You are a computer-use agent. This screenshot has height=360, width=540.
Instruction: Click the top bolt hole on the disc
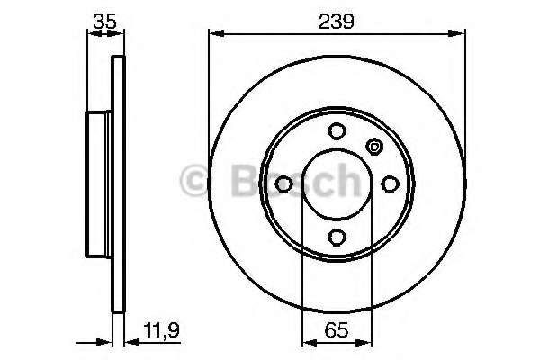click(x=337, y=130)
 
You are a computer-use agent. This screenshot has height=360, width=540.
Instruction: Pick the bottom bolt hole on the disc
click(x=337, y=237)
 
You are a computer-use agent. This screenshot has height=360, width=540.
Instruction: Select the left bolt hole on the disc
click(x=283, y=184)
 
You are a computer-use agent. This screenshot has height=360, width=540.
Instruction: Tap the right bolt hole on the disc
click(x=391, y=184)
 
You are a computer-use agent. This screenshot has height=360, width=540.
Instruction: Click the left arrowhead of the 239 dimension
click(x=213, y=34)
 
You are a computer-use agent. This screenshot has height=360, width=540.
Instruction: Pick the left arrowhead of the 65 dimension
click(x=305, y=341)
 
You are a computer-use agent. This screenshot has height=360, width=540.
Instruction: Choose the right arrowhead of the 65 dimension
click(x=368, y=341)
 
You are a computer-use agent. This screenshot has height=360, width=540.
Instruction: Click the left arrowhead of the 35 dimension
click(x=90, y=34)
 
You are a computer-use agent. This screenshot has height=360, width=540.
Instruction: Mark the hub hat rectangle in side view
click(x=98, y=184)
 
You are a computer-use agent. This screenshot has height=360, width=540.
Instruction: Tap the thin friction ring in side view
click(x=115, y=184)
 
